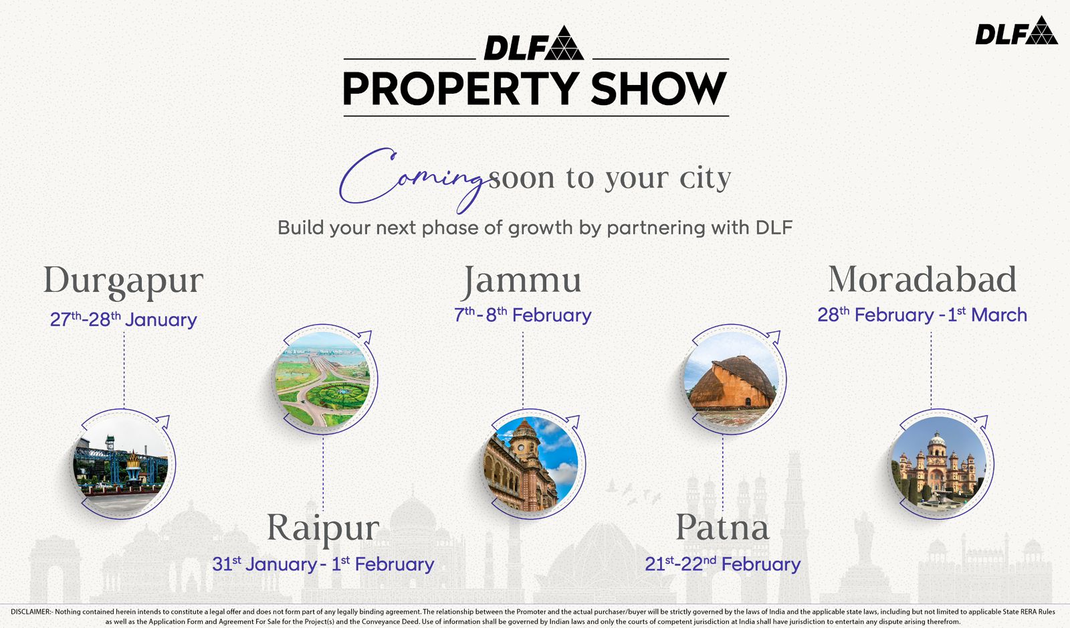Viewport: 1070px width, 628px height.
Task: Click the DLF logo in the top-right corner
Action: coord(1016,31)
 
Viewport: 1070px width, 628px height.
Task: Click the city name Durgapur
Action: coord(123,281)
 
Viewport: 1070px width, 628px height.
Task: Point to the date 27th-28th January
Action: coord(123,319)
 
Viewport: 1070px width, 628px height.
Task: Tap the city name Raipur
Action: coord(323,528)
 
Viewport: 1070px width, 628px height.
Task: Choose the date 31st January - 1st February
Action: coord(323,564)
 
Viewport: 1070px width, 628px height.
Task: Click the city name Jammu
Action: coord(522,281)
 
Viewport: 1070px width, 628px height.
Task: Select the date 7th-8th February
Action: coord(522,315)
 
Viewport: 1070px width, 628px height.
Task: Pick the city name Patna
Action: coord(722,528)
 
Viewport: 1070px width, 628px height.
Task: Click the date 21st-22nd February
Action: coord(722,564)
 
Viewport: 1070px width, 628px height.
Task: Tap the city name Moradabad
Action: coord(922,280)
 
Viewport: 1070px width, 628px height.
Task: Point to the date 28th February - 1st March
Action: coord(922,315)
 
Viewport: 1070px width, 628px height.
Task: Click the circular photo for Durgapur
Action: coord(122,463)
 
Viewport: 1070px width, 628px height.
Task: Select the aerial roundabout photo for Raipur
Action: coord(324,380)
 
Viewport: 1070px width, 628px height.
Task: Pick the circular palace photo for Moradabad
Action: coord(940,463)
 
